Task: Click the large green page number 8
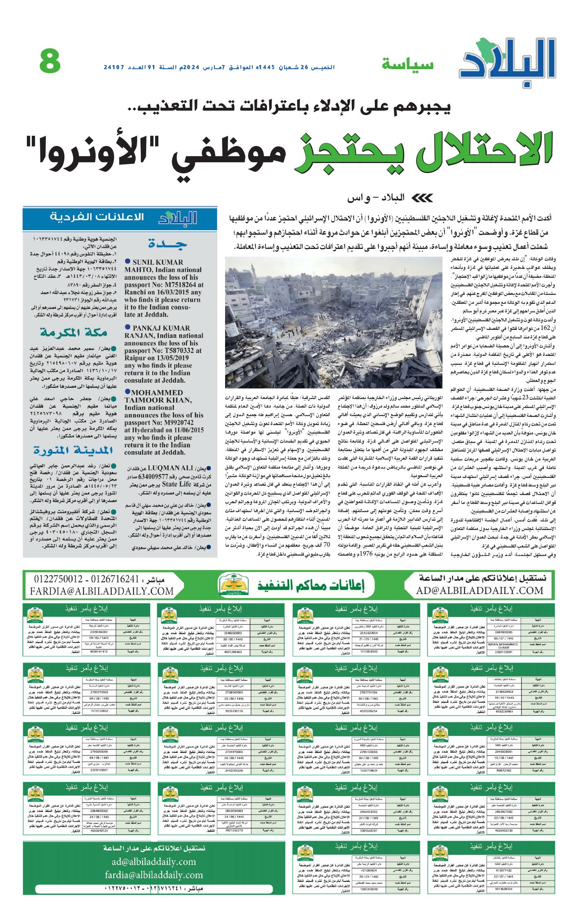(50, 61)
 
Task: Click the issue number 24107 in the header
(114, 67)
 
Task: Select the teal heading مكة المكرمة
(74, 332)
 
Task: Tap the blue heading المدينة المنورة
(73, 450)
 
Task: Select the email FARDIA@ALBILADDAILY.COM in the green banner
(102, 591)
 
